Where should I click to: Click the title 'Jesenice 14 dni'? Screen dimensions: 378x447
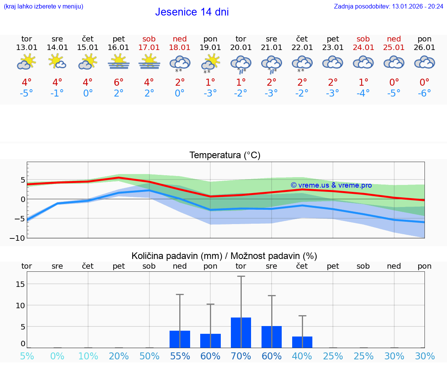coord(192,12)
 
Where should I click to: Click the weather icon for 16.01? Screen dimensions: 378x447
coord(119,62)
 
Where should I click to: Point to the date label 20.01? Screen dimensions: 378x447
coord(241,48)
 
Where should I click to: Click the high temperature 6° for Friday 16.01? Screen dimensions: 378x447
coord(119,82)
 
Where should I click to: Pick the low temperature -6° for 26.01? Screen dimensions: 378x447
coord(424,93)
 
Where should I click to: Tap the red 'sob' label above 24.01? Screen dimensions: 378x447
coord(363,39)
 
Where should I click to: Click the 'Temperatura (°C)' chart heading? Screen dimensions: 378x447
coord(225,155)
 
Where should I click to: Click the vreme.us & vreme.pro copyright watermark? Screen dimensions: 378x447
coord(331,185)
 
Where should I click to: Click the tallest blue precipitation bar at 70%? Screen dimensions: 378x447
coord(241,333)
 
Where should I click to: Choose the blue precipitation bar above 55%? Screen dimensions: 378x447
coord(180,339)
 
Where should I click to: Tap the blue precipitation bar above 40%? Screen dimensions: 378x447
coord(302,342)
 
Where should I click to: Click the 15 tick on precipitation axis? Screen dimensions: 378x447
coord(21,284)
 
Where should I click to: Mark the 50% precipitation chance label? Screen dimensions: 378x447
coord(149,356)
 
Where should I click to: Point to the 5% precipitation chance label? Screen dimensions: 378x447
coord(27,356)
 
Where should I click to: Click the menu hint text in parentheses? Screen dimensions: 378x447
coord(43,6)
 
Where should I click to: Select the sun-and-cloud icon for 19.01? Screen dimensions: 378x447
coord(211,63)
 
